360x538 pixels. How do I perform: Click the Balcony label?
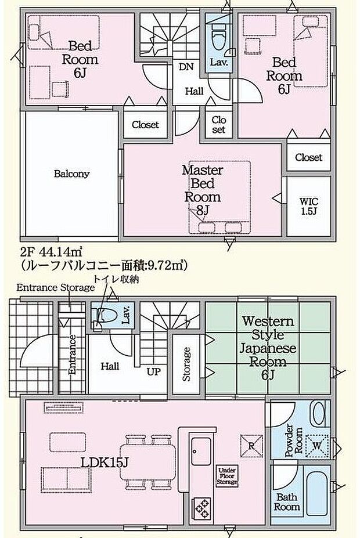point(72,174)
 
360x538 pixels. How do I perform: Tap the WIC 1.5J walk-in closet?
point(308,206)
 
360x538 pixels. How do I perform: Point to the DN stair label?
point(186,67)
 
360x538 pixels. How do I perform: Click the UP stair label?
point(153,371)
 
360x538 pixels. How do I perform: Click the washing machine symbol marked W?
point(317,446)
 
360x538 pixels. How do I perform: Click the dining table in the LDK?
point(147,458)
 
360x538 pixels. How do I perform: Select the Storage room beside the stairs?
point(186,363)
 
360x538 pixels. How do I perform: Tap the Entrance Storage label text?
point(55,288)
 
